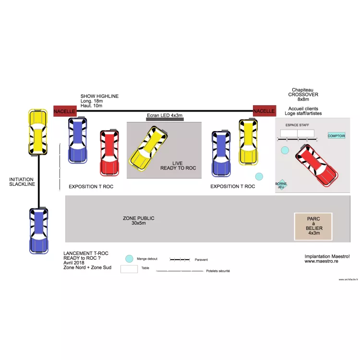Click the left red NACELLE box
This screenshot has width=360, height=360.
point(64,111)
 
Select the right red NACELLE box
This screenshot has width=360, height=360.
point(264,111)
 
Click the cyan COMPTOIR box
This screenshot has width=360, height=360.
point(336,136)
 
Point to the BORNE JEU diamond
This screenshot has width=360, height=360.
point(281,185)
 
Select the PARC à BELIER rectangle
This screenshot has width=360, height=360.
point(313,226)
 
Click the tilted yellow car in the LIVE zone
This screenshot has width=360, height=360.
point(149,148)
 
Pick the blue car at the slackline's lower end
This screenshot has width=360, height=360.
point(38,230)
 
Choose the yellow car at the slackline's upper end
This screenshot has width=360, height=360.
point(37,132)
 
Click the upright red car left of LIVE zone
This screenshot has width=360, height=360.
point(109,153)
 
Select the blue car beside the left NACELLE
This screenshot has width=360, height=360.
point(78,140)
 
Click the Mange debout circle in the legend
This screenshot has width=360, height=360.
point(129,259)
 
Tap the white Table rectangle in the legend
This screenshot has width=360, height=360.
point(129,269)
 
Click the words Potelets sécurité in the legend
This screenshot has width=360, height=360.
point(218,271)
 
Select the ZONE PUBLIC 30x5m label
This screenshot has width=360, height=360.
point(139,220)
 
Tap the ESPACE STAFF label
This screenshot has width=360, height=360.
point(297,125)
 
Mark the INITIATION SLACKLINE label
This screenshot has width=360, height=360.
point(22,182)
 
